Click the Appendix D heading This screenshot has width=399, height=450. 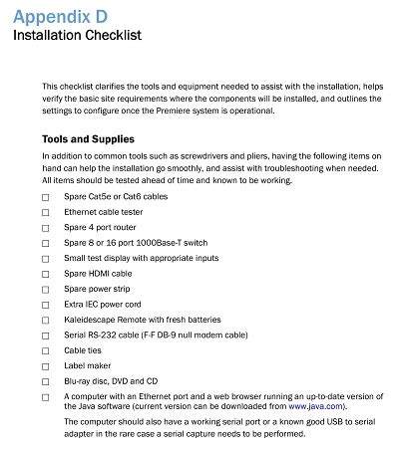(57, 13)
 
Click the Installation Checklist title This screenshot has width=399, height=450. (76, 35)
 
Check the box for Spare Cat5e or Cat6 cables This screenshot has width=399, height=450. (45, 199)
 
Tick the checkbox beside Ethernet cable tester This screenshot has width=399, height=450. (45, 214)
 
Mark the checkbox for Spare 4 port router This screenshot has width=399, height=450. (45, 228)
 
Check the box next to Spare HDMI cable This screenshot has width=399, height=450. (45, 274)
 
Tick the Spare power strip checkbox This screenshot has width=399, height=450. (45, 289)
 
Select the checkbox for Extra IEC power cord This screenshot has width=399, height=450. (45, 305)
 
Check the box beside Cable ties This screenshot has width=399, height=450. (45, 351)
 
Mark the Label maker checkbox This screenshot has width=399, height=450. (45, 366)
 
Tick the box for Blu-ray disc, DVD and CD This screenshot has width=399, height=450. (45, 381)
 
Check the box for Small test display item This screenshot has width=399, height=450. (45, 258)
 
